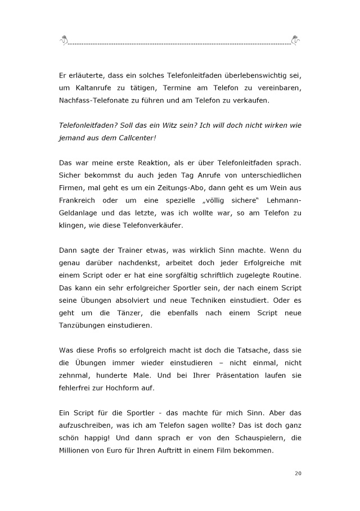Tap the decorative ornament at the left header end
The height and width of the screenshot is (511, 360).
65,40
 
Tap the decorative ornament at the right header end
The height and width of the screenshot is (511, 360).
295,40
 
